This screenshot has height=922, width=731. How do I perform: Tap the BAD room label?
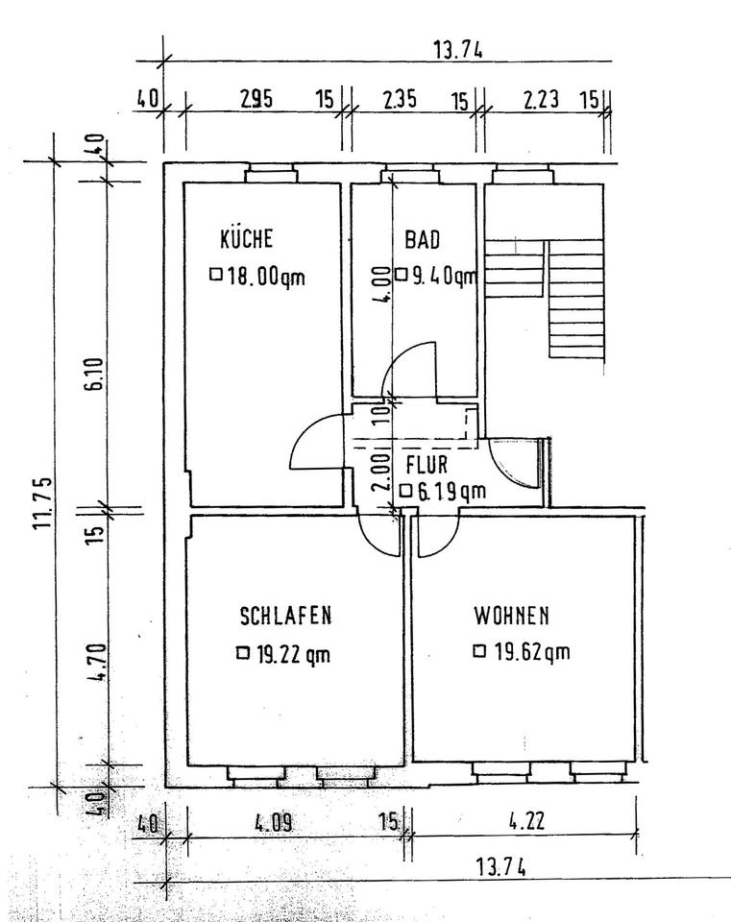[423, 239]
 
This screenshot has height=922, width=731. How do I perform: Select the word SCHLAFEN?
[286, 615]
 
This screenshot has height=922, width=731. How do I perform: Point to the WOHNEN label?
[512, 615]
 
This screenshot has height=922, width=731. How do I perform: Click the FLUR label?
[426, 465]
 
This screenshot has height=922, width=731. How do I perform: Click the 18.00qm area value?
[266, 277]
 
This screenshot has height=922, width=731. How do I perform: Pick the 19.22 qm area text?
[293, 653]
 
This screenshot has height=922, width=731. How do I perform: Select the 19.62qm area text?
[531, 651]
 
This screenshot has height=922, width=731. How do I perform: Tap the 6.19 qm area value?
[451, 491]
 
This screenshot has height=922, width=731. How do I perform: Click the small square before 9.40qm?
[402, 275]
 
